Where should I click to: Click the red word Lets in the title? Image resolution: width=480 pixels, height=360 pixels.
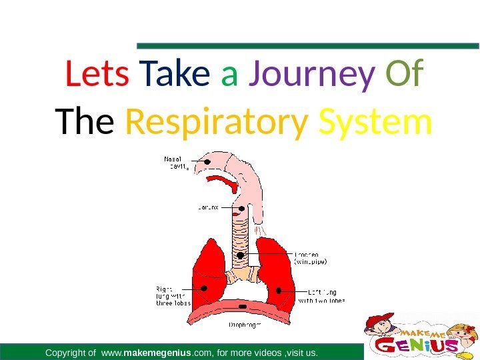[97, 76]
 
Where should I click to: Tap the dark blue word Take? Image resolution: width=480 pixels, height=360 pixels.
[175, 76]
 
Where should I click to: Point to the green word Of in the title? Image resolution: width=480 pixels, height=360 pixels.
[404, 76]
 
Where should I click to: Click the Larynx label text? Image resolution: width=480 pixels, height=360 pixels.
[207, 207]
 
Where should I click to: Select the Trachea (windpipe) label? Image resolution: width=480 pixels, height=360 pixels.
[310, 258]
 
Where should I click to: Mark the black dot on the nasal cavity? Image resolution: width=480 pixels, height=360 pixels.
[208, 161]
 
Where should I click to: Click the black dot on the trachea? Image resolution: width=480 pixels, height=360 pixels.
[239, 255]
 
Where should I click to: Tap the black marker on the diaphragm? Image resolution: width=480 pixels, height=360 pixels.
[242, 306]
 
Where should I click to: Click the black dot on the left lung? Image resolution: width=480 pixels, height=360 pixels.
[279, 290]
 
